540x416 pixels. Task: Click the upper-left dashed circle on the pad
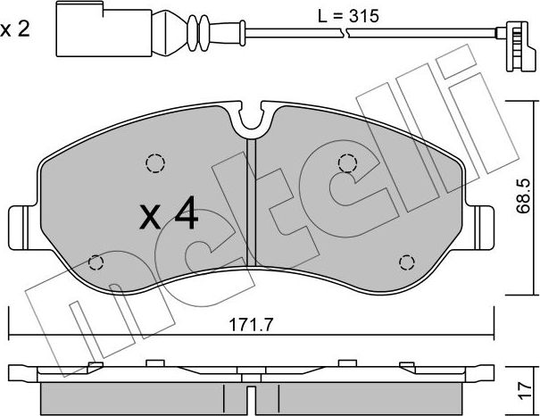(x=155, y=163)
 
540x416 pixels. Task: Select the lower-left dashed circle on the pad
(x=97, y=262)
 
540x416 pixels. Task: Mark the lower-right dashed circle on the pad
(x=406, y=262)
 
